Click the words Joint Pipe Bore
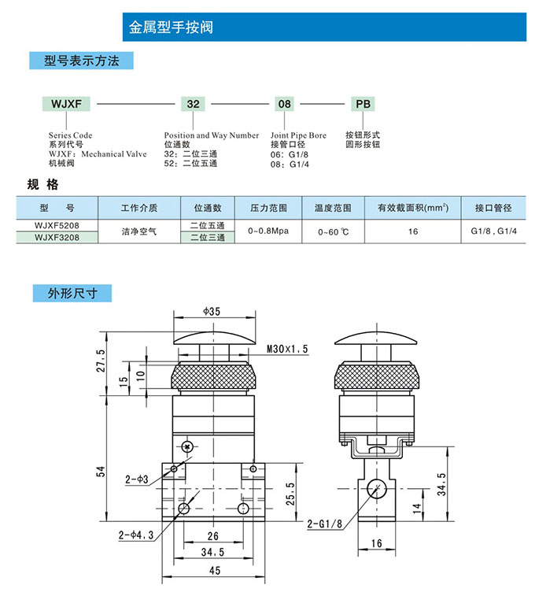tap(298, 135)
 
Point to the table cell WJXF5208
tap(57, 225)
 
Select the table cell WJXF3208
tap(57, 235)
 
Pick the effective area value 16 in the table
tap(413, 231)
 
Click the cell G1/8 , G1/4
tap(493, 231)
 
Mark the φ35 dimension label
tap(211, 312)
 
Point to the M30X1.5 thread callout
tap(287, 348)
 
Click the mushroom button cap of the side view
tap(374, 339)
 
